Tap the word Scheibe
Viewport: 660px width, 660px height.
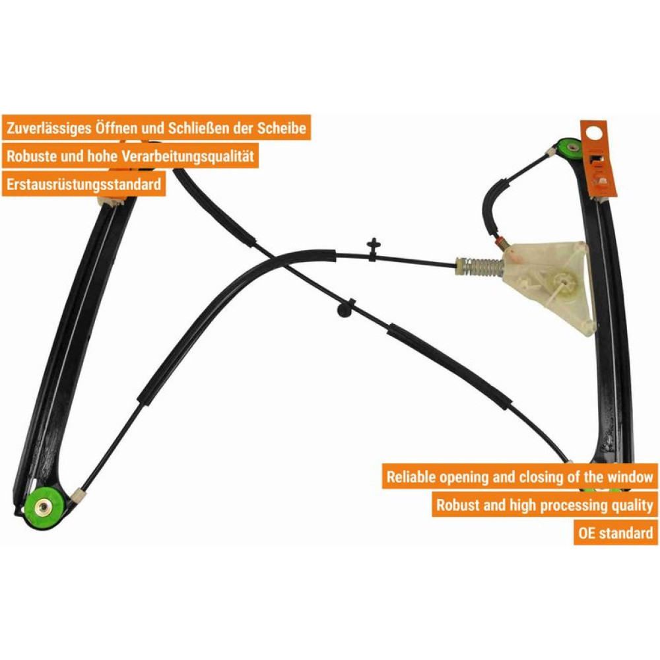(x=282, y=127)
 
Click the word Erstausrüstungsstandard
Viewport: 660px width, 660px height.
(x=84, y=184)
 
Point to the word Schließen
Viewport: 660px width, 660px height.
(x=199, y=127)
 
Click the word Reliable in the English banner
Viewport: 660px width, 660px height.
(x=411, y=477)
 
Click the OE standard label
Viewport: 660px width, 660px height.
(x=615, y=533)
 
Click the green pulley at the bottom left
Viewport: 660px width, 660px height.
(x=44, y=507)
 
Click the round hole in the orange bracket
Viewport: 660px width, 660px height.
(x=593, y=134)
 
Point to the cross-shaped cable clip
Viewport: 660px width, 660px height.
(x=373, y=249)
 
